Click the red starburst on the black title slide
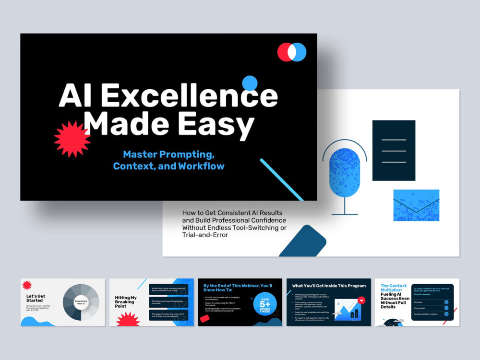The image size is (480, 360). click(72, 139)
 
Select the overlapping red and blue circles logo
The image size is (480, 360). click(292, 52)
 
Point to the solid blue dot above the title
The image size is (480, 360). click(250, 83)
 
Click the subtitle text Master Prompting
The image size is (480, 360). click(168, 155)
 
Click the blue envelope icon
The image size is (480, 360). click(416, 205)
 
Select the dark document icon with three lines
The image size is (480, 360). click(394, 150)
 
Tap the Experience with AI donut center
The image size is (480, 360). click(81, 302)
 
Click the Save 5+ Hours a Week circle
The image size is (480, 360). click(265, 304)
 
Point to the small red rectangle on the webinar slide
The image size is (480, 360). click(204, 318)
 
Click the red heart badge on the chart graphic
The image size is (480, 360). click(362, 300)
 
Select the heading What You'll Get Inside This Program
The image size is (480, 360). click(329, 286)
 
